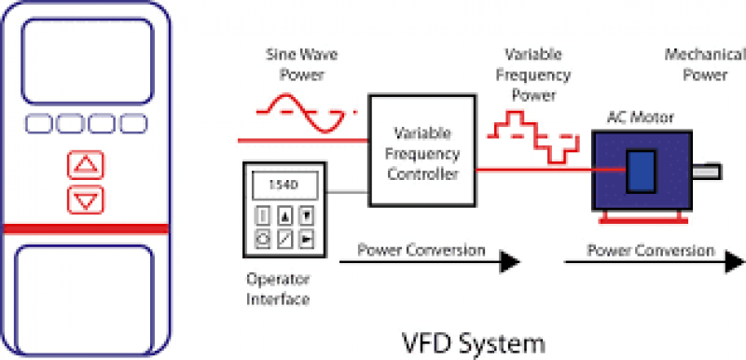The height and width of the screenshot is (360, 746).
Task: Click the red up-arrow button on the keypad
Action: [86, 165]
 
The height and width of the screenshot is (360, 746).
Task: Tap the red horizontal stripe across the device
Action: [86, 228]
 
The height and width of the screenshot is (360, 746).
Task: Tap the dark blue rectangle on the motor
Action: [639, 171]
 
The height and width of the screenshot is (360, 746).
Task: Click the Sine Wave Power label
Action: [293, 66]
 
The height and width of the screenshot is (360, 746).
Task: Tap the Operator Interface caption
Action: [277, 288]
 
